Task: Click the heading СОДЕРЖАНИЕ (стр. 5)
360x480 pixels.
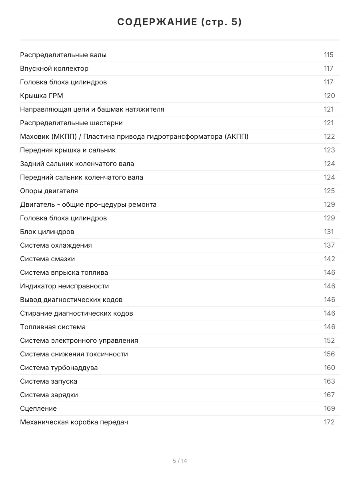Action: tap(180, 22)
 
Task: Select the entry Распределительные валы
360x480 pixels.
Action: tap(63, 55)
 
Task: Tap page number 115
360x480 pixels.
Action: tap(328, 55)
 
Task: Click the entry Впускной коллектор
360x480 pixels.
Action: tap(54, 68)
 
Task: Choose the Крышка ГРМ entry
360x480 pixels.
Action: tap(42, 96)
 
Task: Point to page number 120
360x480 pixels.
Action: tap(329, 96)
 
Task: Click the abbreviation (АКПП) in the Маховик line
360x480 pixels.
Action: tap(237, 136)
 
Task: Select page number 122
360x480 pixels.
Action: tap(329, 136)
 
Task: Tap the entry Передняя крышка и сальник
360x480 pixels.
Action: tap(68, 150)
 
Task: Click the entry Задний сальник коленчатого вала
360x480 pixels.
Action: tap(77, 164)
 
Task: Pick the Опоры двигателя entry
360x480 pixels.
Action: tap(49, 191)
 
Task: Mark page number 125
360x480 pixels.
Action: tap(329, 191)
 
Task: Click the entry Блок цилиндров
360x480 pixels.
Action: tap(47, 232)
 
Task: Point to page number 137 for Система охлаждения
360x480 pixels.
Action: tap(329, 245)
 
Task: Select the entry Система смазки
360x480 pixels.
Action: tap(47, 259)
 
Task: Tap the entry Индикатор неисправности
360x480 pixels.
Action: tap(64, 286)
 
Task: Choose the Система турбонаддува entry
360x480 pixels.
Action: tap(59, 368)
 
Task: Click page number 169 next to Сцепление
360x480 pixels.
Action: tap(329, 408)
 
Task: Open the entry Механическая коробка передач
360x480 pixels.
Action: tap(74, 422)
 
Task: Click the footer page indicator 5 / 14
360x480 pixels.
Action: tap(180, 461)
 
